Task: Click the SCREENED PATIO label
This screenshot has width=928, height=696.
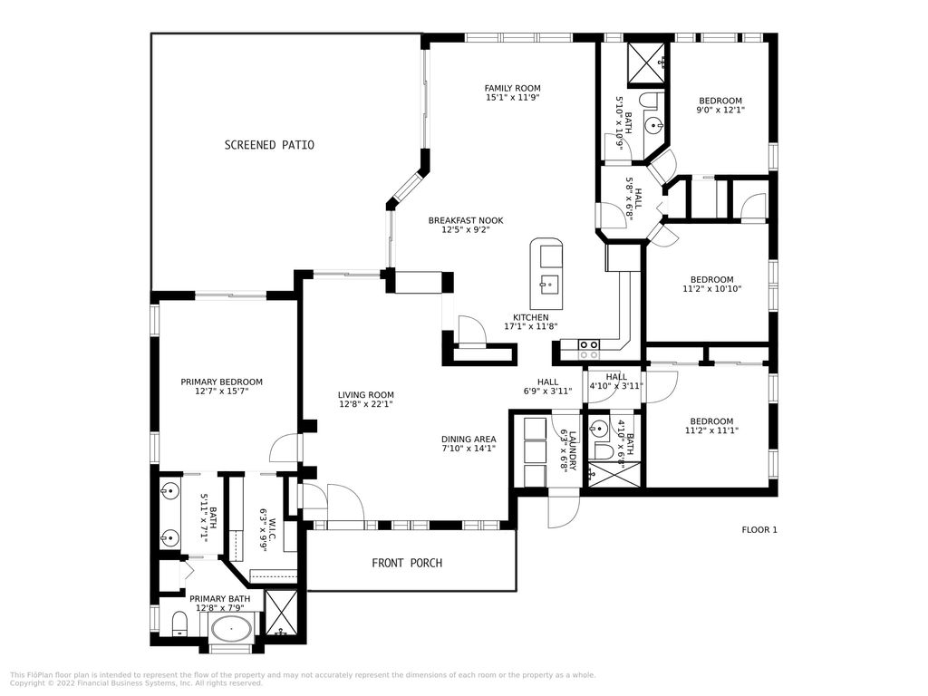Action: (x=269, y=145)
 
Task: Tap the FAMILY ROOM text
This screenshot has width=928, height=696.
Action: (x=512, y=88)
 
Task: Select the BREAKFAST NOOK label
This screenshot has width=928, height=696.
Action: (x=466, y=220)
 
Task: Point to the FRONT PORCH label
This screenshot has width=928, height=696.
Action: (x=407, y=563)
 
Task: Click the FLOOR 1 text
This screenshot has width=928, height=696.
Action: (x=759, y=529)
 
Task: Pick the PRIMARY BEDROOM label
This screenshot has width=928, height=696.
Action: (x=221, y=382)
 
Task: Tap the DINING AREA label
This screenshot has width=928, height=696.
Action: (x=469, y=440)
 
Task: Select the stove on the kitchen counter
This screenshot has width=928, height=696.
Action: (x=588, y=344)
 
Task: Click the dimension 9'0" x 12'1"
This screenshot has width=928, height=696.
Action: (x=720, y=111)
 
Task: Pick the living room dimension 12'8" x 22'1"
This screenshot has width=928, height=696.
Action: (x=366, y=405)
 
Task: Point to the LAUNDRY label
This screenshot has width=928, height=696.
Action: (x=567, y=446)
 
